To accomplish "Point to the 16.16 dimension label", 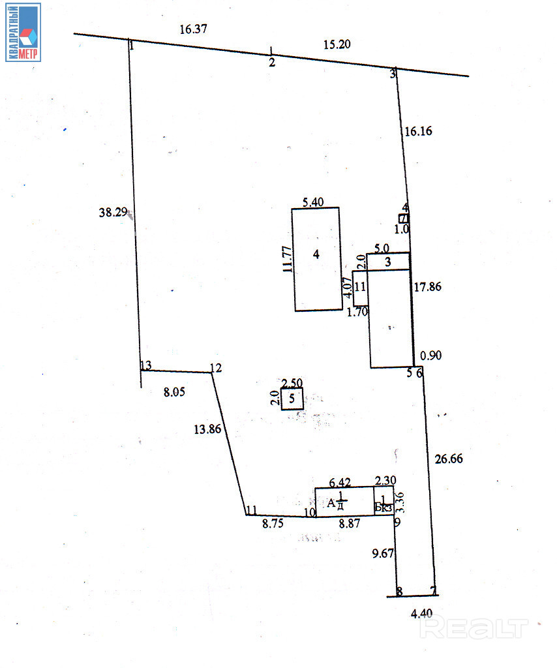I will click(x=418, y=131).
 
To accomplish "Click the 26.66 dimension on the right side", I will click(x=448, y=459).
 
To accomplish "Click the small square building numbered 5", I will click(x=292, y=398).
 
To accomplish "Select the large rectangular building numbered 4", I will click(x=316, y=259).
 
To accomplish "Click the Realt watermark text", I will click(x=474, y=628).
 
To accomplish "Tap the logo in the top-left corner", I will click(x=23, y=32).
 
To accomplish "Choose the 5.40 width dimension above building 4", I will click(x=314, y=202).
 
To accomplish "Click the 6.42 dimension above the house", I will click(x=340, y=483).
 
